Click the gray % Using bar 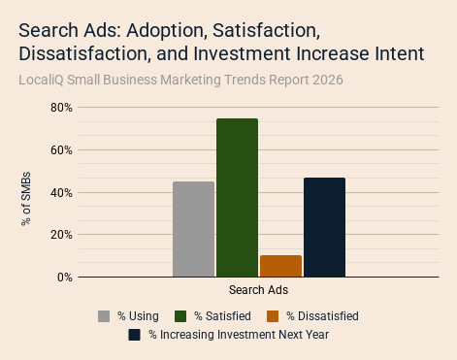click(193, 229)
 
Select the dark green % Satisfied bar click(237, 198)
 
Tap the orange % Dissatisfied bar click(280, 266)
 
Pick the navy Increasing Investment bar click(324, 227)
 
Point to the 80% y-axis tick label click(61, 108)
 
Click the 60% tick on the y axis click(61, 150)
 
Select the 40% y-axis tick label click(61, 193)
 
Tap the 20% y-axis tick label click(61, 235)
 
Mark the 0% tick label click(65, 278)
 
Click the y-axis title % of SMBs click(26, 199)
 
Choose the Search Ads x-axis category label click(258, 290)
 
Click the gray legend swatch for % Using click(104, 316)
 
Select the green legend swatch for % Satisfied click(180, 316)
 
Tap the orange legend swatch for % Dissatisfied click(273, 316)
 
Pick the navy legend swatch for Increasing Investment click(134, 335)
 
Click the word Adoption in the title click(167, 31)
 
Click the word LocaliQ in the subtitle click(41, 80)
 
